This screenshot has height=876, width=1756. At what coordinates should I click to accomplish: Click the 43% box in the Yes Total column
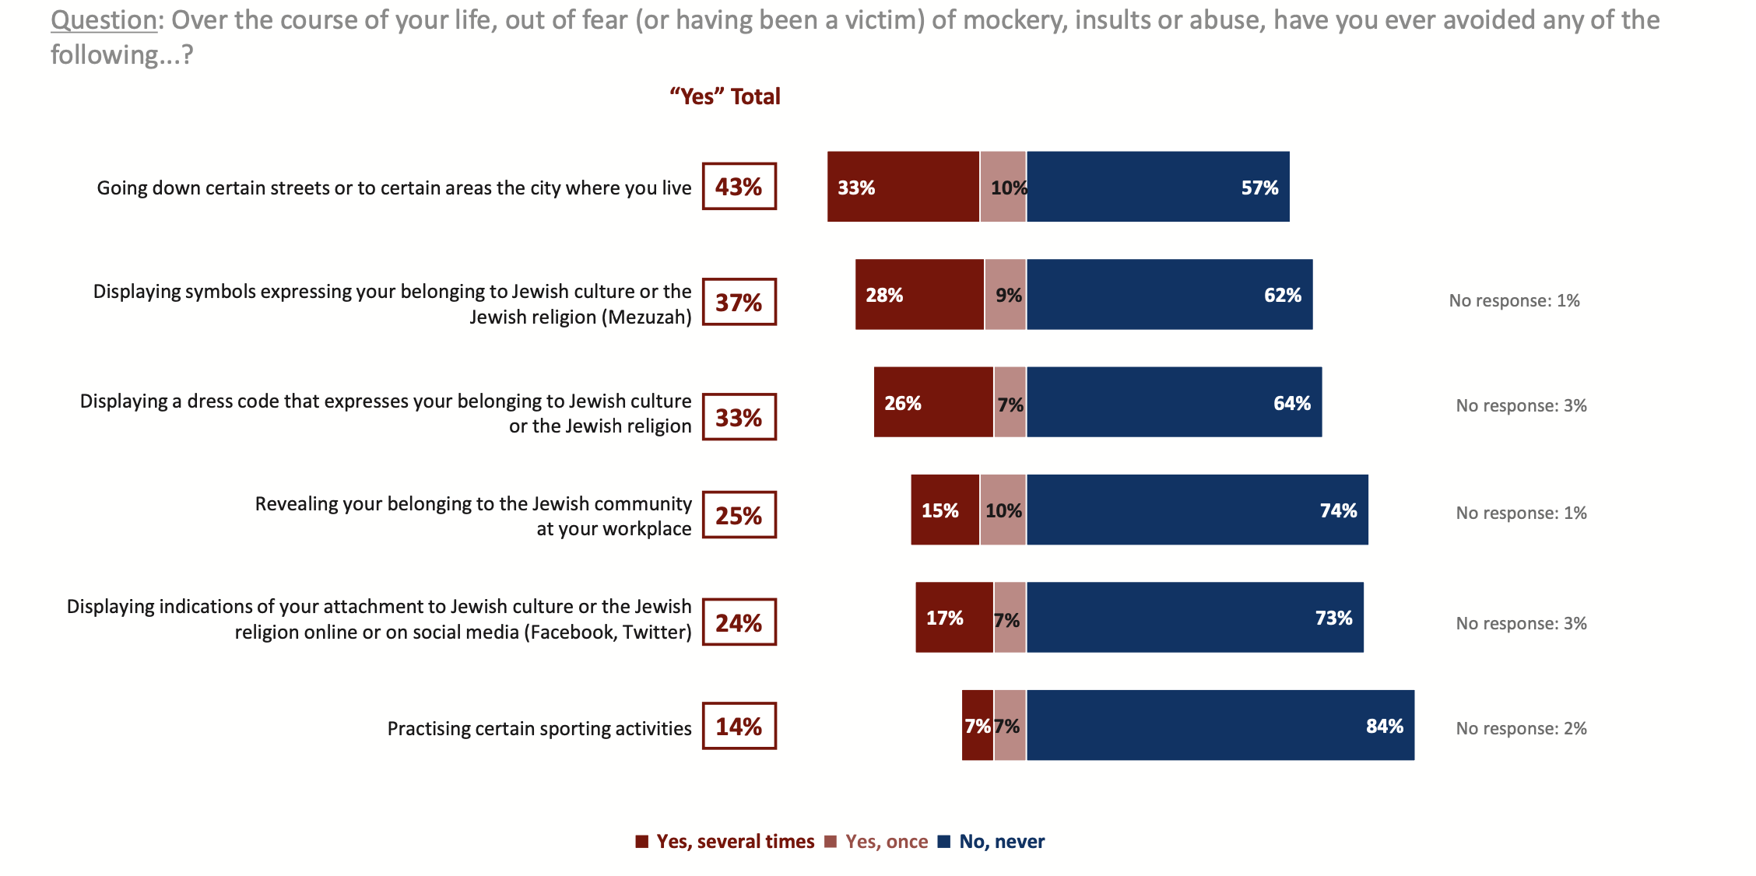point(739,187)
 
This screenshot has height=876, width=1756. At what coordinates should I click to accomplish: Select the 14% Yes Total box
point(739,726)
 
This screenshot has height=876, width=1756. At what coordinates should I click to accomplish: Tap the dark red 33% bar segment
point(903,187)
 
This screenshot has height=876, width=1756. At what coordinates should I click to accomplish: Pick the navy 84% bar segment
point(1220,725)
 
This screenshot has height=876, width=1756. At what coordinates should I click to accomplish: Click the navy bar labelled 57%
point(1157,187)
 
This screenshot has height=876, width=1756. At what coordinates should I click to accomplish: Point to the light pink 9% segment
point(1006,295)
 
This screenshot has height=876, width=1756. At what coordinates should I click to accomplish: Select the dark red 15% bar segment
point(945,510)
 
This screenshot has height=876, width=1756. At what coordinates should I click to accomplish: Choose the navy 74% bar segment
point(1197,510)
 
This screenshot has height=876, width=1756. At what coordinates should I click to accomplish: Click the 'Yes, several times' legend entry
point(725,842)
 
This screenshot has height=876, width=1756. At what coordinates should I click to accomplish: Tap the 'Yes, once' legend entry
point(876,842)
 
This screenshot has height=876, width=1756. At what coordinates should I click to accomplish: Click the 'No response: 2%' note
point(1521,728)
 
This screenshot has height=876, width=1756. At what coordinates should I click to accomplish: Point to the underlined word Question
point(104,20)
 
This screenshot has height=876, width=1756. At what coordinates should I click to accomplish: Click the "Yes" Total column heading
point(725,96)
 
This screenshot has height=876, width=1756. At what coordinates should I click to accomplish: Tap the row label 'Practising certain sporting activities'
point(539,728)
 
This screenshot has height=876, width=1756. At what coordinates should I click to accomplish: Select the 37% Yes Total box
point(739,302)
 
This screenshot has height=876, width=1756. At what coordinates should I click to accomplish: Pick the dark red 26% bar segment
point(933,402)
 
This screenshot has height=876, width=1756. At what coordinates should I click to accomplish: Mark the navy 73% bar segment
point(1195,618)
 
